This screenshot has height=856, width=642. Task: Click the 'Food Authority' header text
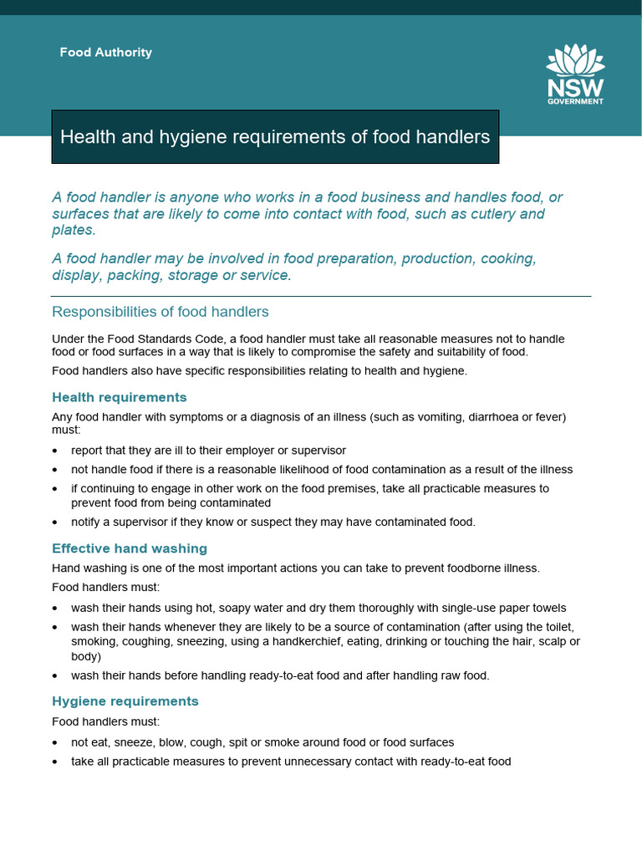coord(105,52)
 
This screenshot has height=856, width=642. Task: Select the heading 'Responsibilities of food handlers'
coord(160,312)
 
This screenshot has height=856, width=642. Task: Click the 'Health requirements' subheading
coord(120,397)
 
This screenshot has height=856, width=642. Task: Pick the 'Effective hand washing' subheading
coord(130,548)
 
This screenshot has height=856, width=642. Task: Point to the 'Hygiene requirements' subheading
coord(125,701)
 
